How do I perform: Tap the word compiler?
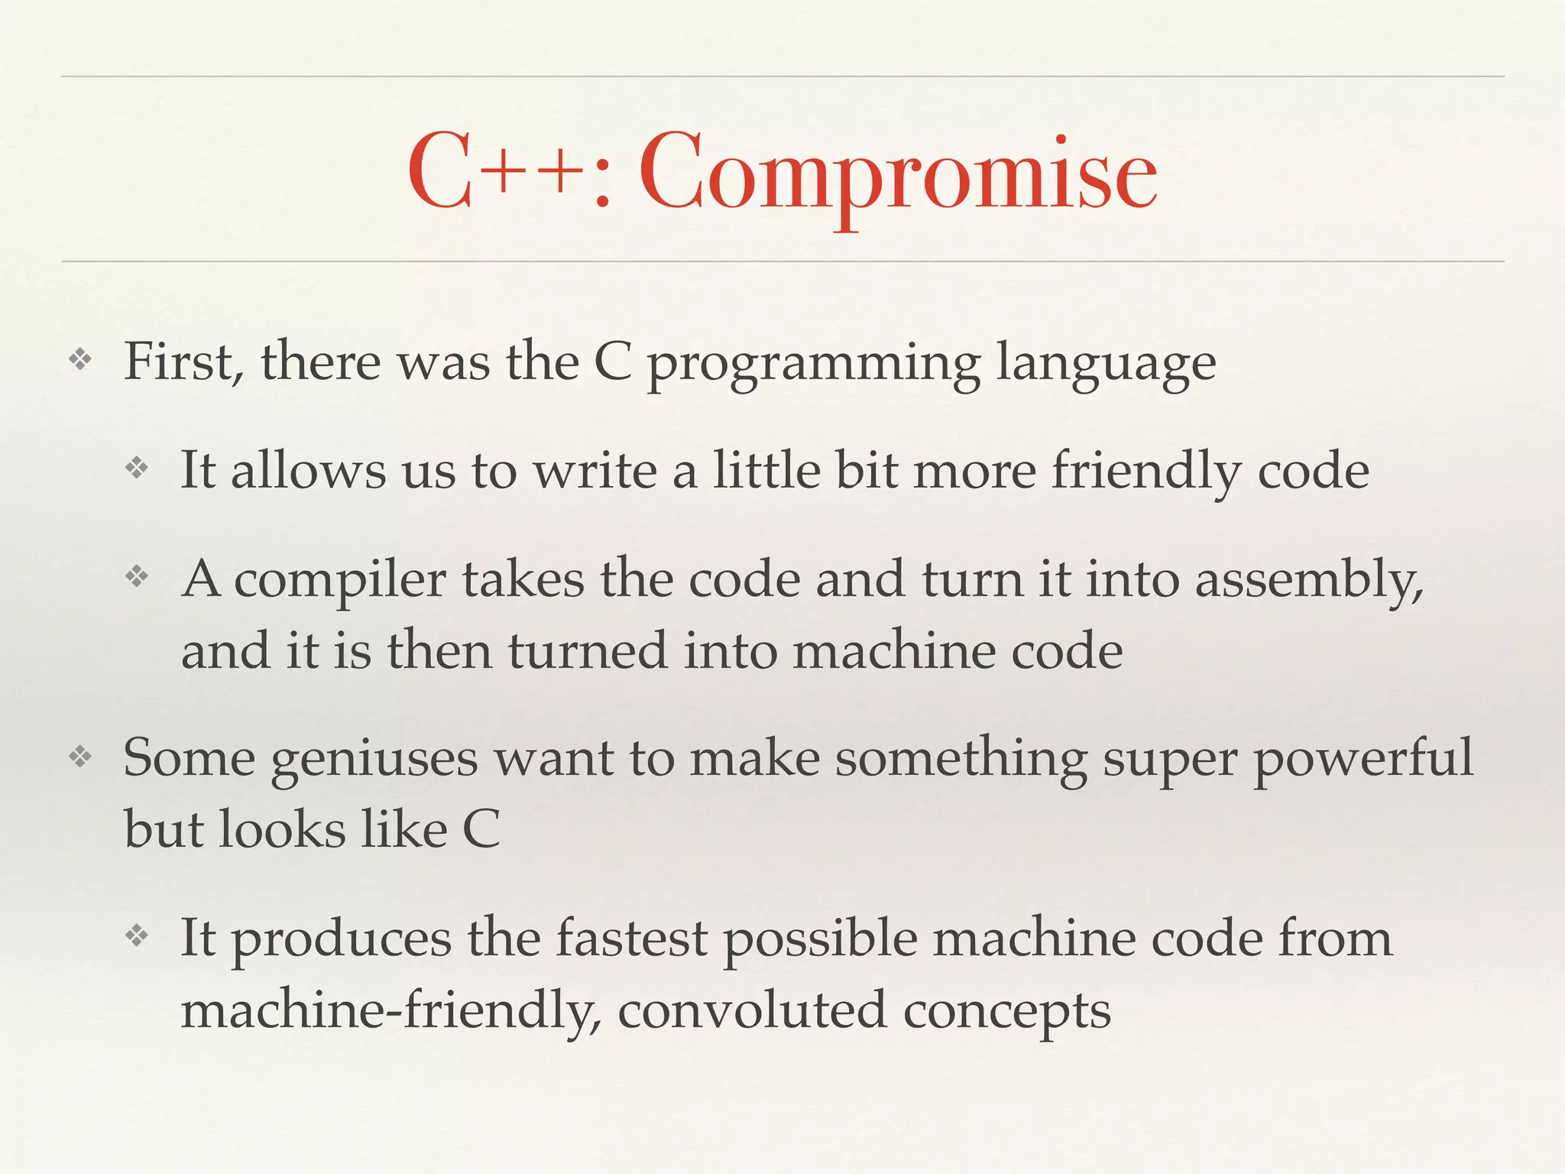[339, 581]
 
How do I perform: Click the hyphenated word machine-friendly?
[390, 1011]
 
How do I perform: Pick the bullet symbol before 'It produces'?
[137, 936]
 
